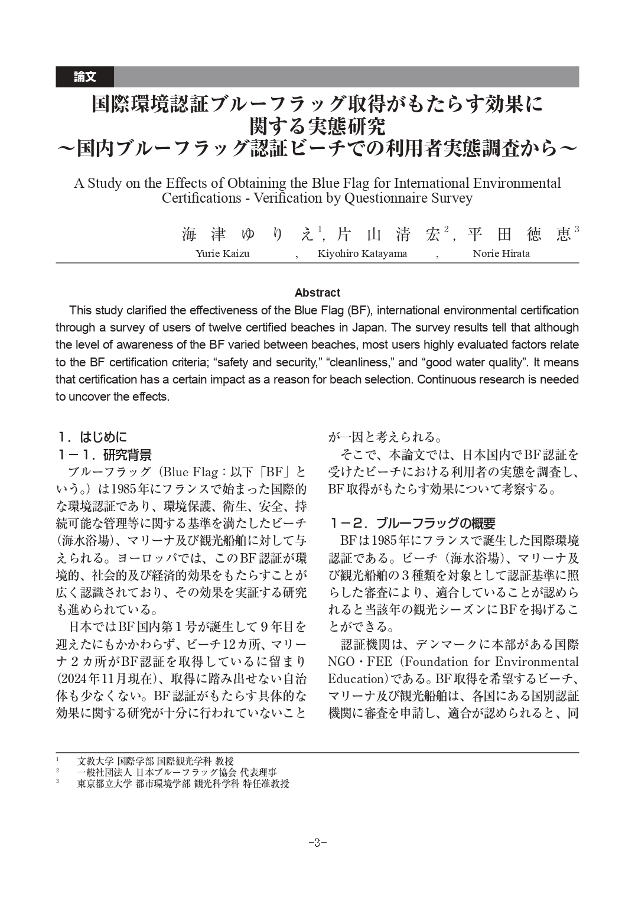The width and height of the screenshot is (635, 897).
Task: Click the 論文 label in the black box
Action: click(x=84, y=77)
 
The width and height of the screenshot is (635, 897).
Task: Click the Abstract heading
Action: click(x=317, y=292)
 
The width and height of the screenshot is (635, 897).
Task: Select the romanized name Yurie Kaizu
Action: click(x=222, y=254)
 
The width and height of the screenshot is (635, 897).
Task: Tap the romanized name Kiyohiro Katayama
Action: click(x=362, y=254)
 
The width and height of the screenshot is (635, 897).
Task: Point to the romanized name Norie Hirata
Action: click(x=501, y=254)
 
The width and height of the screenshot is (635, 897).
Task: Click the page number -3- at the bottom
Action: click(x=317, y=843)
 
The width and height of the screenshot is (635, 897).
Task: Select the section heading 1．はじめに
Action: click(x=92, y=437)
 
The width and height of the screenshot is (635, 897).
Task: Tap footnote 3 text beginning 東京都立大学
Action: click(x=183, y=784)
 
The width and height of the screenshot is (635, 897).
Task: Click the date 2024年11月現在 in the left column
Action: click(x=103, y=678)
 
